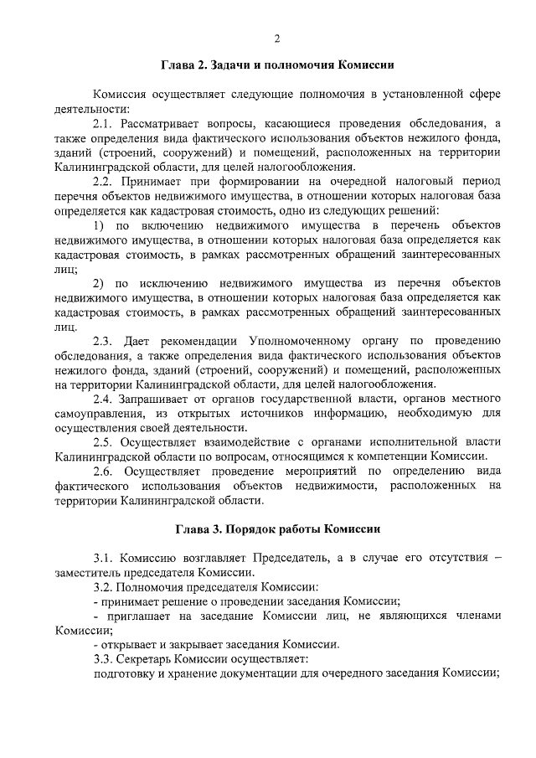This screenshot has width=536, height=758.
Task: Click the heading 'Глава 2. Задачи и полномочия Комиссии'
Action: [277, 64]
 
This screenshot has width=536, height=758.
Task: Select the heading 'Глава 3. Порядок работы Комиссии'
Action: [277, 529]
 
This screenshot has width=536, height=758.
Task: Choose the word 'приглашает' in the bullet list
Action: [137, 616]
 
